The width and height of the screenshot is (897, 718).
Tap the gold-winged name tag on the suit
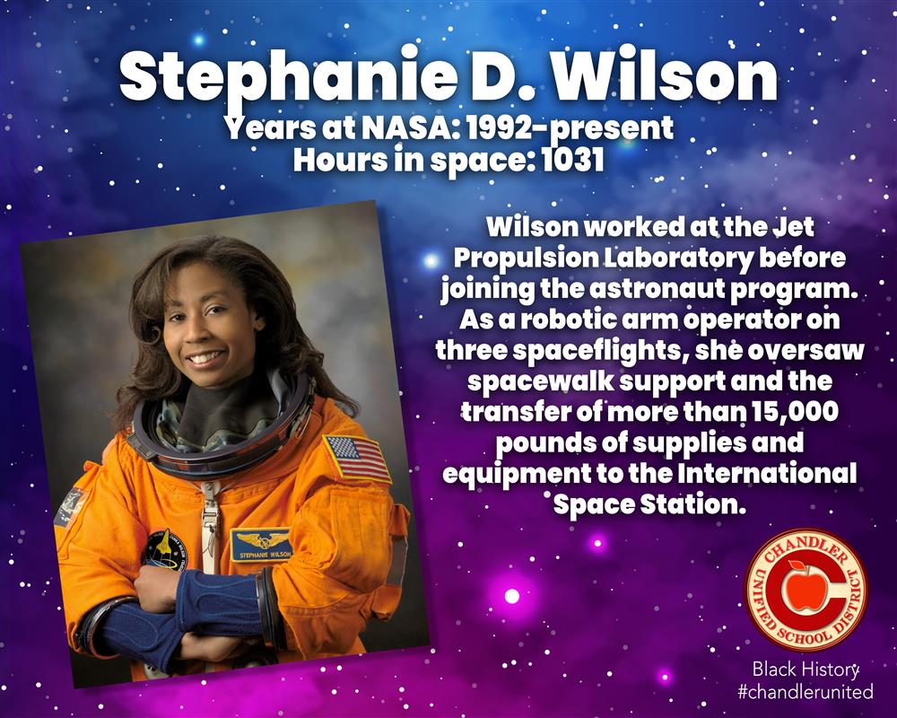[x=262, y=544]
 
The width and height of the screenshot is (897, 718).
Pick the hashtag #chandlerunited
[x=806, y=692]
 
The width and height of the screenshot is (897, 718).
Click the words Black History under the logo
[x=806, y=670]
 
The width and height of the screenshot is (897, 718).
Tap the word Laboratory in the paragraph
[x=678, y=258]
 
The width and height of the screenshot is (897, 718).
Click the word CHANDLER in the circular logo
[x=806, y=549]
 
